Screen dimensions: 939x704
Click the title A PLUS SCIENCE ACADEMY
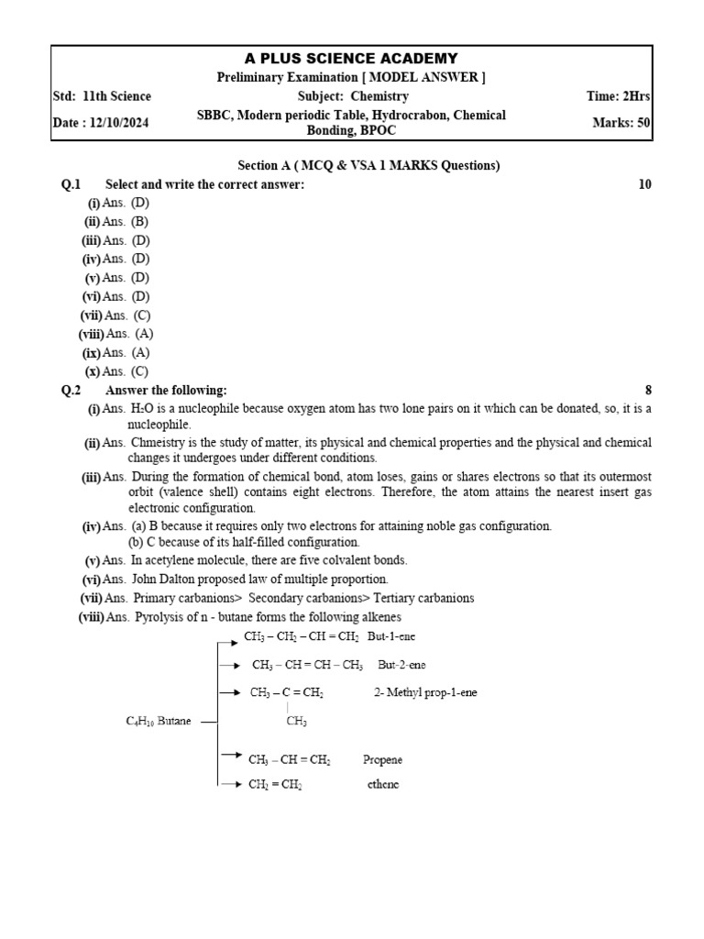pyautogui.click(x=351, y=59)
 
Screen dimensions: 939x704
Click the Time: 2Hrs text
pyautogui.click(x=619, y=96)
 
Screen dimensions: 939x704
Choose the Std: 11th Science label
pyautogui.click(x=103, y=96)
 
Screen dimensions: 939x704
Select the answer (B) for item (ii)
pyautogui.click(x=139, y=222)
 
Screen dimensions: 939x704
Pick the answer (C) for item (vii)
pyautogui.click(x=141, y=315)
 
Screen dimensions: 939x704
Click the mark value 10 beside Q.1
pyautogui.click(x=644, y=184)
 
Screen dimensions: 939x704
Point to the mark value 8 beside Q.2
pyautogui.click(x=648, y=390)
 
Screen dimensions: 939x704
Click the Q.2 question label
pyautogui.click(x=71, y=390)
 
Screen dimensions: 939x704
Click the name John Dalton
pyautogui.click(x=164, y=579)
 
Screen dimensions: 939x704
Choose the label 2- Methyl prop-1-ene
pyautogui.click(x=424, y=693)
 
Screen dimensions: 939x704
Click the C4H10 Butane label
pyautogui.click(x=159, y=722)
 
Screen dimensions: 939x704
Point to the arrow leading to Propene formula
pyautogui.click(x=230, y=756)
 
